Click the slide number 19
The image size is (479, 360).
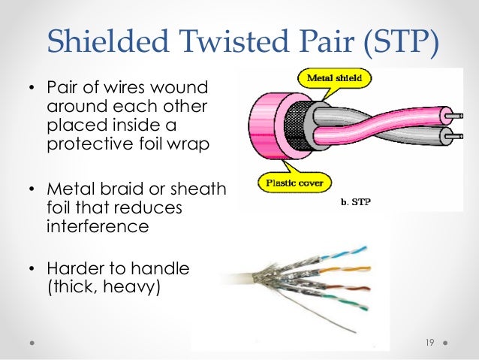(x=429, y=343)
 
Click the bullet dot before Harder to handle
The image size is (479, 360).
(x=32, y=268)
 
